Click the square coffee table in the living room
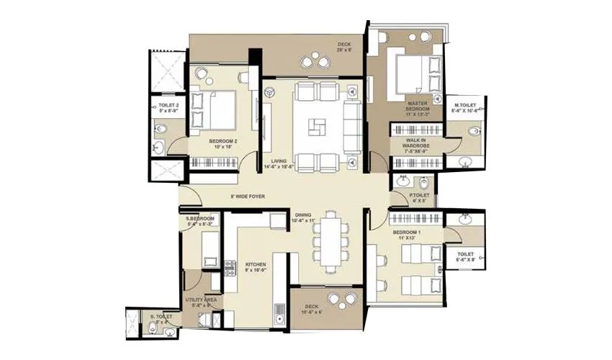tap(312, 129)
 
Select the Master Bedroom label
tap(417, 109)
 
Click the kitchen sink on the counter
tap(279, 312)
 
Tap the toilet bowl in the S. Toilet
tap(151, 328)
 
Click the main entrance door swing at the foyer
tap(188, 196)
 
